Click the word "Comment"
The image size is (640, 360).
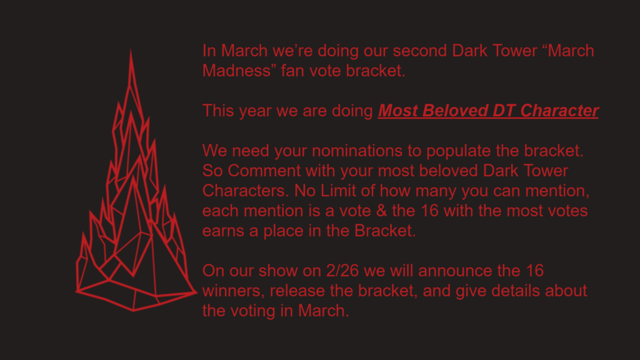[264, 171]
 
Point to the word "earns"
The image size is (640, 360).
[223, 231]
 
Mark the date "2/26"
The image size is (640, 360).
[342, 271]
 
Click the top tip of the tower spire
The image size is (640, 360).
[131, 49]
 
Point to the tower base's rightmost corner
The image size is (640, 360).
[197, 292]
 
